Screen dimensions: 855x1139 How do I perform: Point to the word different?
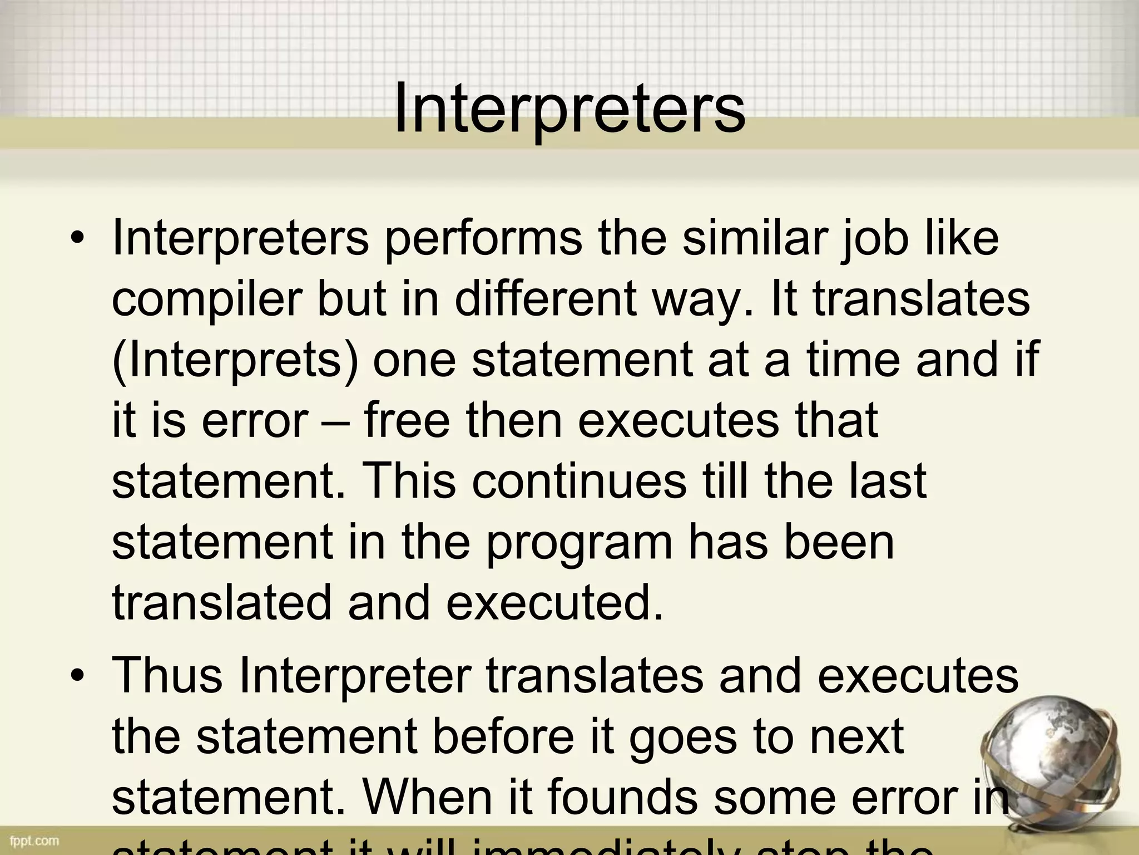pyautogui.click(x=545, y=298)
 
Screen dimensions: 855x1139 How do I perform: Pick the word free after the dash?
pyautogui.click(x=407, y=420)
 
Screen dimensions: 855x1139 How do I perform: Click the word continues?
pyautogui.click(x=579, y=480)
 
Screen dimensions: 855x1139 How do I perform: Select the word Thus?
pyautogui.click(x=167, y=674)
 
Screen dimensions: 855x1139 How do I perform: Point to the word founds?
pyautogui.click(x=622, y=797)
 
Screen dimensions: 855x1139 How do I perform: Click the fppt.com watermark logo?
pyautogui.click(x=34, y=840)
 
